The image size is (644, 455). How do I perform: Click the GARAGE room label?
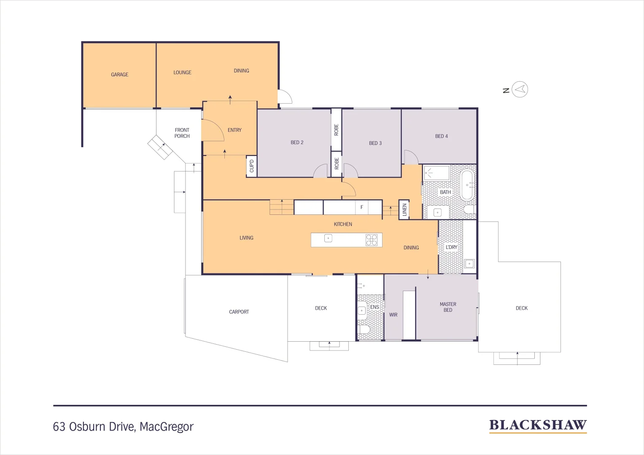(119, 75)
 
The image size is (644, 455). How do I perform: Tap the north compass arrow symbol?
(520, 89)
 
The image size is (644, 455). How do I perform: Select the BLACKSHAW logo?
(538, 426)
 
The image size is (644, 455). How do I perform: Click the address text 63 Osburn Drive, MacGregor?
(123, 427)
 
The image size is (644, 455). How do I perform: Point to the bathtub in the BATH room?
(467, 185)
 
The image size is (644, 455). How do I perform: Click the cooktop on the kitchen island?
(372, 240)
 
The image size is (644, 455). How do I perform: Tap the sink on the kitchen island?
(328, 238)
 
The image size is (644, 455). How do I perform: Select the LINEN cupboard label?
(404, 210)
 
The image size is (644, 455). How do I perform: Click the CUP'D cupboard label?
(252, 166)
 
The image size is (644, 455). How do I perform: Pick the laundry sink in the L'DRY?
(469, 264)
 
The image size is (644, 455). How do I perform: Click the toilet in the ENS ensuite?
(364, 329)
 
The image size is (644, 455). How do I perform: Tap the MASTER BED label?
(448, 307)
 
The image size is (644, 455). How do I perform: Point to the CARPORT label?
(239, 312)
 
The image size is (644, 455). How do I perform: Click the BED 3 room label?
(375, 143)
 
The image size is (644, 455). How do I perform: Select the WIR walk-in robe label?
(393, 315)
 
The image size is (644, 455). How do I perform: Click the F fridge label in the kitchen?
(361, 207)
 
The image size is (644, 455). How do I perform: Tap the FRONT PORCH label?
(182, 133)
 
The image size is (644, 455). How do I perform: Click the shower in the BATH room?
(437, 173)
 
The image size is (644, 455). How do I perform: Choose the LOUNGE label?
(182, 72)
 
